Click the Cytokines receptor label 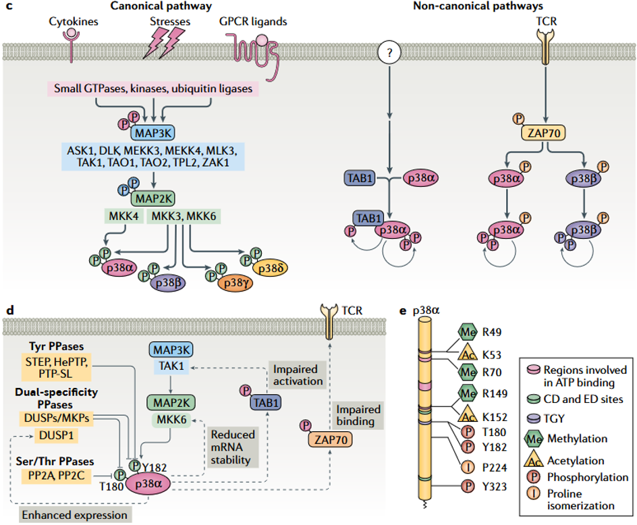[74, 22]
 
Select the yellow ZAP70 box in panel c [543, 132]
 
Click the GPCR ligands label [253, 22]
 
